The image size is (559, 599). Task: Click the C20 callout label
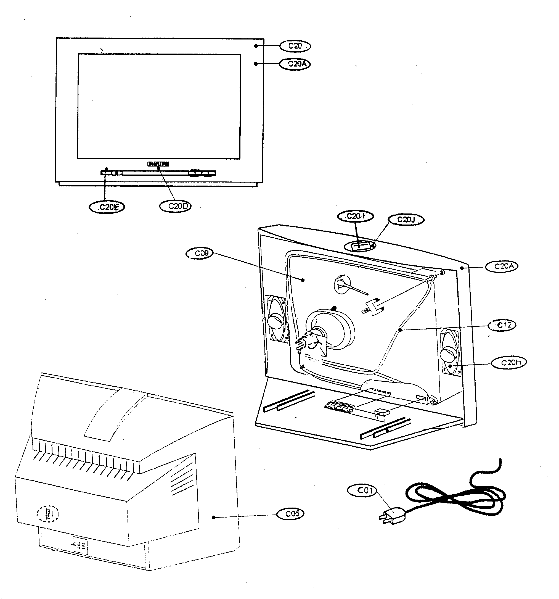(295, 46)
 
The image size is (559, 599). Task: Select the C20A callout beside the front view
(295, 64)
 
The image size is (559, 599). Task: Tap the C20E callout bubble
(107, 207)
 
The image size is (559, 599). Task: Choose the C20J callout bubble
(406, 220)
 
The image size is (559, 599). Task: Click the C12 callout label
(502, 325)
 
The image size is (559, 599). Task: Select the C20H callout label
(509, 363)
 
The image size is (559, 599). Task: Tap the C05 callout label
(290, 514)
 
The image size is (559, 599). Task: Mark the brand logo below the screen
(158, 164)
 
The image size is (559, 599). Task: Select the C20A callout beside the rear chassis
(502, 266)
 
